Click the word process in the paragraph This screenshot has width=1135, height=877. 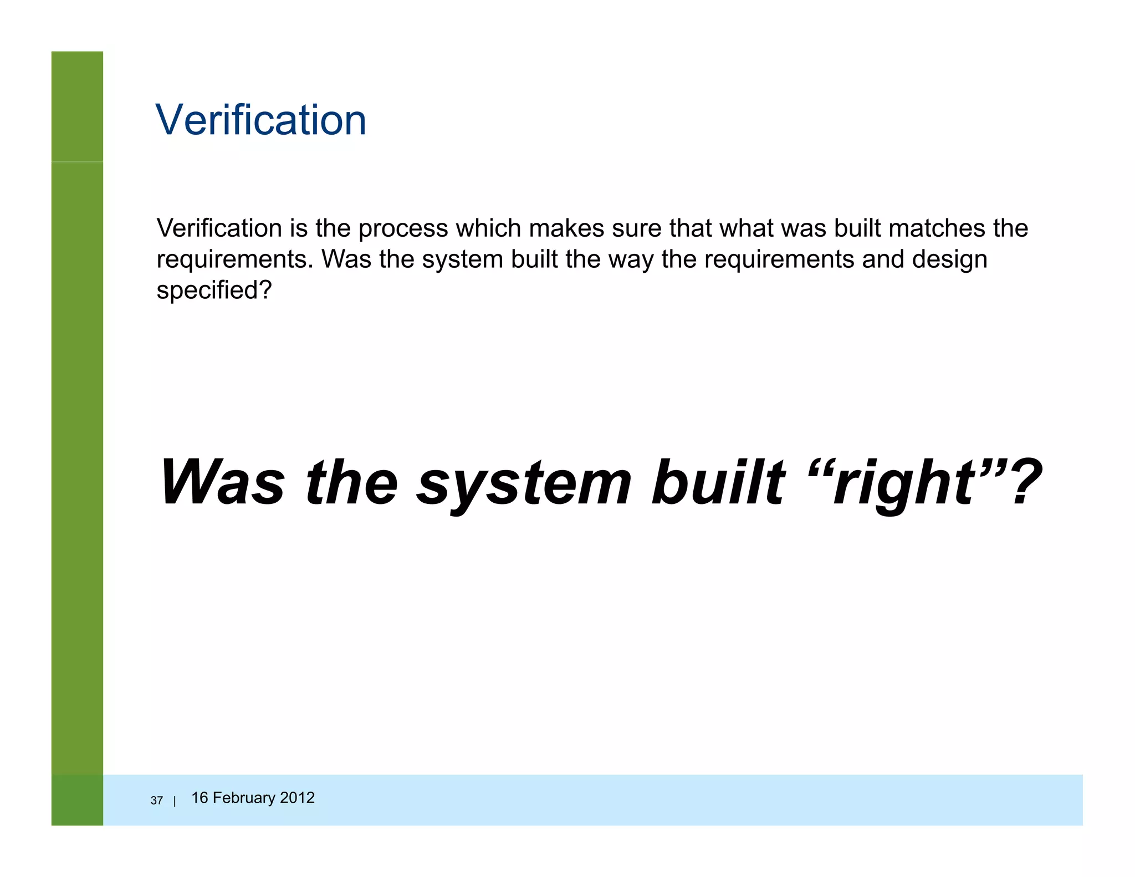click(x=403, y=229)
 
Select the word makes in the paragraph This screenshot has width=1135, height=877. click(x=566, y=228)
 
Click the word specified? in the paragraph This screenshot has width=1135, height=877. click(x=214, y=290)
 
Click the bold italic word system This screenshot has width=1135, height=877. click(x=524, y=484)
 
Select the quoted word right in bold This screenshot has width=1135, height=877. click(x=903, y=484)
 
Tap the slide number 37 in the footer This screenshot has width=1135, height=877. click(x=157, y=800)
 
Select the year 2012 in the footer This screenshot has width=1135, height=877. click(x=297, y=798)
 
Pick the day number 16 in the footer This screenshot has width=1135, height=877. click(x=200, y=798)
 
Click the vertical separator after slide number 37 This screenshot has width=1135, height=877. click(x=175, y=801)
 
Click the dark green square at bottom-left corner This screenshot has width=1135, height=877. click(x=77, y=800)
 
